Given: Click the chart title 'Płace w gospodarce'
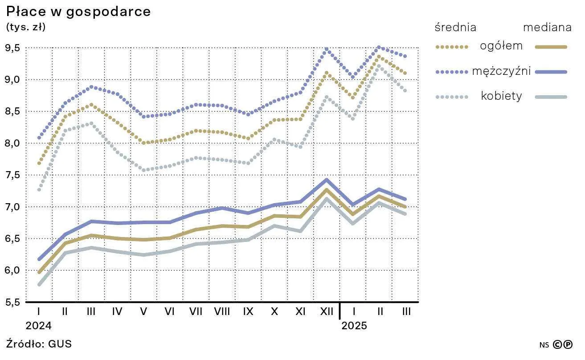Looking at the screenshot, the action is tap(78, 12).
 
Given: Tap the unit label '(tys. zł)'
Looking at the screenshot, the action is tap(26, 27).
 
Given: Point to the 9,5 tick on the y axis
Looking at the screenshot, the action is tap(12, 48).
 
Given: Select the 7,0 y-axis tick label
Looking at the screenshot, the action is tap(12, 207).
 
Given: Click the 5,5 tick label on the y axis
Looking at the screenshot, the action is tap(12, 302).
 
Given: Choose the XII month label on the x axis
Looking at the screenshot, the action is tap(327, 311).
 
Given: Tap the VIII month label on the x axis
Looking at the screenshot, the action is tap(222, 311).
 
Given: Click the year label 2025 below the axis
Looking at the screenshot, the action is tap(354, 326).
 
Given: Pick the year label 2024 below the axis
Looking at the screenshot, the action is tap(39, 326).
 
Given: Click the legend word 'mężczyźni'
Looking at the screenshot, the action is tap(501, 71).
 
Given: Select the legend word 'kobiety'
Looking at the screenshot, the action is tap(501, 96).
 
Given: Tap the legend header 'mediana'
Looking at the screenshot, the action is tap(548, 28).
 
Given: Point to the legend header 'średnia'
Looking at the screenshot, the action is tap(455, 27).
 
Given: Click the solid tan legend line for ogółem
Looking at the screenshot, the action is tap(551, 47).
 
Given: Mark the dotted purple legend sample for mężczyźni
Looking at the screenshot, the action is tap(452, 72).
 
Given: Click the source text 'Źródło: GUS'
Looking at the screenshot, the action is tap(39, 344).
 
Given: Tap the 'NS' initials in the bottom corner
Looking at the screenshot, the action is tap(544, 345).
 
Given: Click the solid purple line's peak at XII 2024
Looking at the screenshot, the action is tap(327, 180).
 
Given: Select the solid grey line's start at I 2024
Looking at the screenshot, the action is tap(39, 285).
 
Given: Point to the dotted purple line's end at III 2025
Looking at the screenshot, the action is tap(405, 57).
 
